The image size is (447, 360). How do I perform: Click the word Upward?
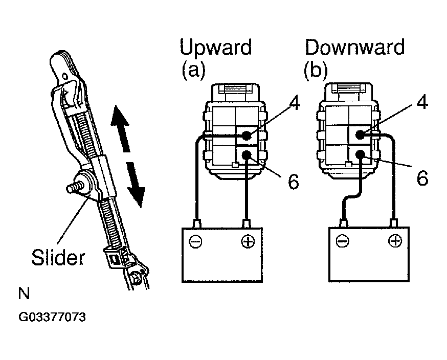[215, 48]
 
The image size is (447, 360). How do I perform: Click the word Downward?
[354, 48]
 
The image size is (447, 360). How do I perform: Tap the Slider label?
[57, 257]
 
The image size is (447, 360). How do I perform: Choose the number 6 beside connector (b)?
[421, 178]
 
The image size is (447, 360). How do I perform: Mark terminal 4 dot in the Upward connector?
[247, 136]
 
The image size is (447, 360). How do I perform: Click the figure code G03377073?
[52, 317]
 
